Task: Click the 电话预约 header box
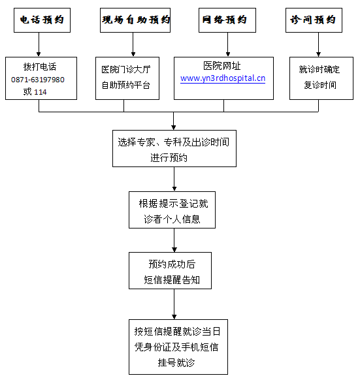42,20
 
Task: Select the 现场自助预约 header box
135,20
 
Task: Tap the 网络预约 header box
227,20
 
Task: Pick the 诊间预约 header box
314,20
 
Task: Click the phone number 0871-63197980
38,80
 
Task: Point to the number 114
41,92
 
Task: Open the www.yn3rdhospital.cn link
223,78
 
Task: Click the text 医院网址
222,66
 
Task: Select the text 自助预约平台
125,85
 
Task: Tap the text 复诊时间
320,85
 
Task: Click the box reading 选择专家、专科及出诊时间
174,148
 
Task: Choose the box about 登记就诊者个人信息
172,210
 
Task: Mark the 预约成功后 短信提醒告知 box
170,271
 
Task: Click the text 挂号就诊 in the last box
176,362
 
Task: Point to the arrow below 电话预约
39,44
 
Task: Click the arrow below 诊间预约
318,44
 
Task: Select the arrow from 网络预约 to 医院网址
227,44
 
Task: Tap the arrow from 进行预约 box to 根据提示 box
174,179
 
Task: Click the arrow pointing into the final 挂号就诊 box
174,304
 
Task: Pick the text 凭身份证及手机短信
176,347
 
